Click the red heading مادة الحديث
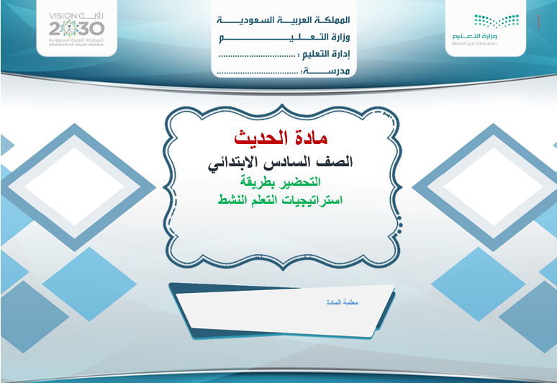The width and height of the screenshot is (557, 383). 281,138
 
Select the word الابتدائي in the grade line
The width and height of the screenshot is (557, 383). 234,163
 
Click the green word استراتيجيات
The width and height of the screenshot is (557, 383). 312,200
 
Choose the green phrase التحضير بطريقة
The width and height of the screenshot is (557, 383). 280,182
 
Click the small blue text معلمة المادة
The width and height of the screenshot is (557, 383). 342,302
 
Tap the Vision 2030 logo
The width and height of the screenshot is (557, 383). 76,28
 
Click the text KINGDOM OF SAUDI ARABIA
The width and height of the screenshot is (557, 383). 76,45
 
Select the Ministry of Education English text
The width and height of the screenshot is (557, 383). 474,44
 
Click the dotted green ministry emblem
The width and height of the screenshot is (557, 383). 497,21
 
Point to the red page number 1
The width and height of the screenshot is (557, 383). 538,22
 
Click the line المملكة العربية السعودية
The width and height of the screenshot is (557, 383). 284,20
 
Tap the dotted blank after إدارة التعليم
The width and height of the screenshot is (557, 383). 257,55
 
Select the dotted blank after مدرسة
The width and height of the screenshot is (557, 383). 258,73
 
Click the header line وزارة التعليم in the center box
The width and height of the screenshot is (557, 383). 284,37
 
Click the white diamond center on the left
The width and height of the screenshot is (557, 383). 75,186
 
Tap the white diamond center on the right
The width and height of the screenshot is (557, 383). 494,186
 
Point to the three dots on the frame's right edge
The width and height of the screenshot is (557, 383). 400,225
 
